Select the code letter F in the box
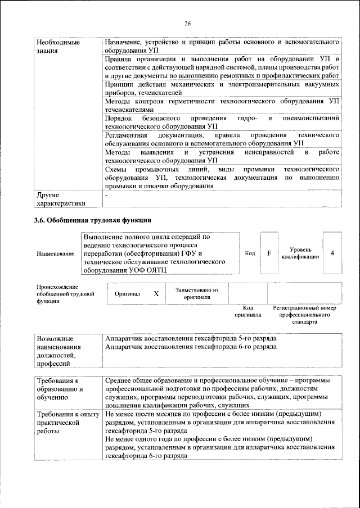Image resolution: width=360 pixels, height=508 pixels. [269, 253]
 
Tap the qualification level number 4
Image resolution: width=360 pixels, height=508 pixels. [332, 253]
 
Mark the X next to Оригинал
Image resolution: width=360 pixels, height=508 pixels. [156, 294]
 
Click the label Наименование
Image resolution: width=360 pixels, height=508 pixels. [55, 254]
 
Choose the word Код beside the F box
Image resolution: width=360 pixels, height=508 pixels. [250, 253]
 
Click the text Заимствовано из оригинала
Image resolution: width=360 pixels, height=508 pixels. [197, 293]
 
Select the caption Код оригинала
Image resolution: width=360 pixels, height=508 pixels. [247, 311]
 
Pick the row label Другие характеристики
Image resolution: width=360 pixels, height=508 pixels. [60, 198]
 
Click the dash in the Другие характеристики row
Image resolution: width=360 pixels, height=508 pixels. [106, 194]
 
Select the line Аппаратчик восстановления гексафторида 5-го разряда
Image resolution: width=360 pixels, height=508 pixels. [191, 339]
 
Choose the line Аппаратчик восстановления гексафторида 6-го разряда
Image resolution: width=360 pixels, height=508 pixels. [191, 347]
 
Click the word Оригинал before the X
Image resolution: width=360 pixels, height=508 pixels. [127, 294]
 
